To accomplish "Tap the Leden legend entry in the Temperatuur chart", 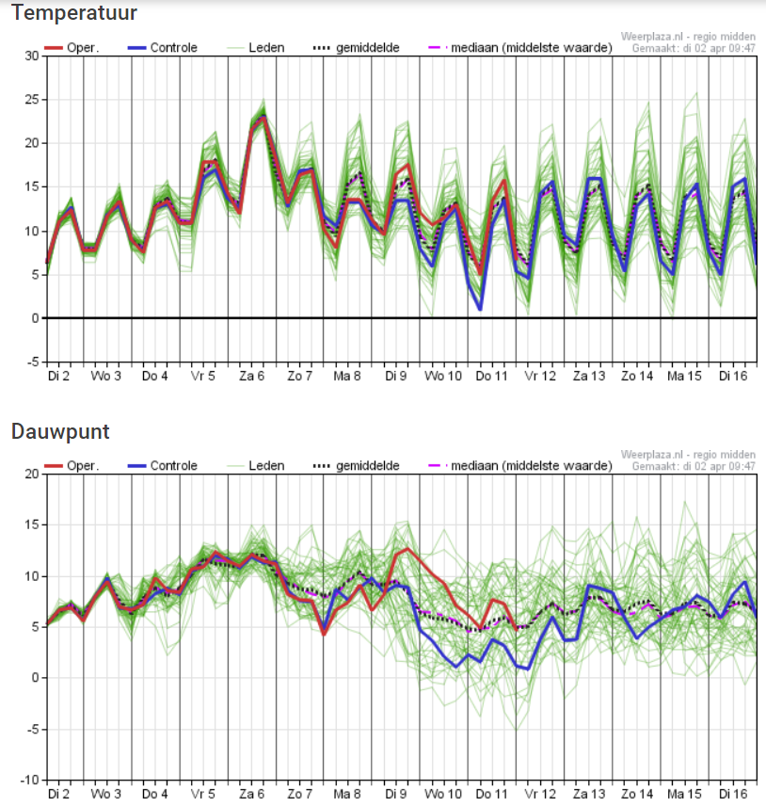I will pos(263,47).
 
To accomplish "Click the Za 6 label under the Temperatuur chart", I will pos(250,376).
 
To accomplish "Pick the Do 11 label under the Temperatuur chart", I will pos(491,376).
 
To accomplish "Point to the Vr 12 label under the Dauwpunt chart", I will pos(539,794).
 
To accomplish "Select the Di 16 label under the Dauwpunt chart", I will pos(731,794).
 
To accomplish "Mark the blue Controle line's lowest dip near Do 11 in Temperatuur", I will pos(480,309).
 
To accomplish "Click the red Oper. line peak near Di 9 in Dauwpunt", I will pos(407,549).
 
